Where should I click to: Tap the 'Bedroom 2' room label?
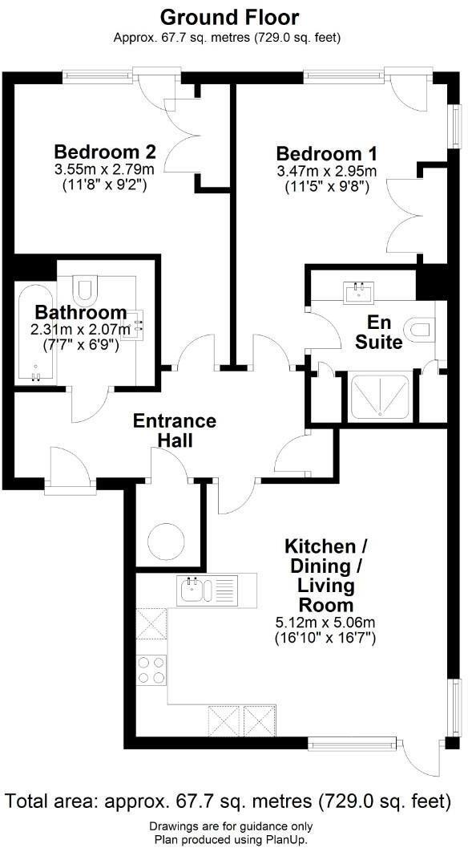coord(104,152)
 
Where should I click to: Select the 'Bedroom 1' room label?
coord(326,153)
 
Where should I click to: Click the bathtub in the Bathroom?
coord(35,332)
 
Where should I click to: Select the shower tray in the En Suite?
coord(381,396)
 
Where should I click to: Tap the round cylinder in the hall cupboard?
coord(168,539)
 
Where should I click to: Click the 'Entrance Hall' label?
coord(175,431)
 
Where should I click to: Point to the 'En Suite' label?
coord(385,332)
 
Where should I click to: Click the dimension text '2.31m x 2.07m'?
coord(80,330)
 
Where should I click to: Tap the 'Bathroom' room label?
coord(80,312)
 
